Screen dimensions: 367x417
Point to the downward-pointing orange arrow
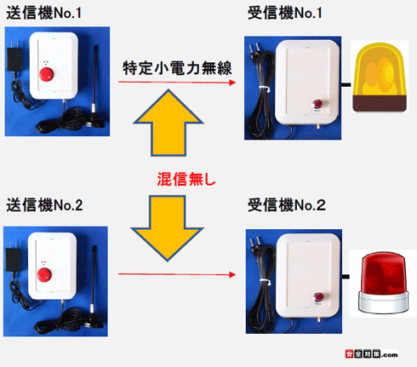[x=171, y=223]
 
